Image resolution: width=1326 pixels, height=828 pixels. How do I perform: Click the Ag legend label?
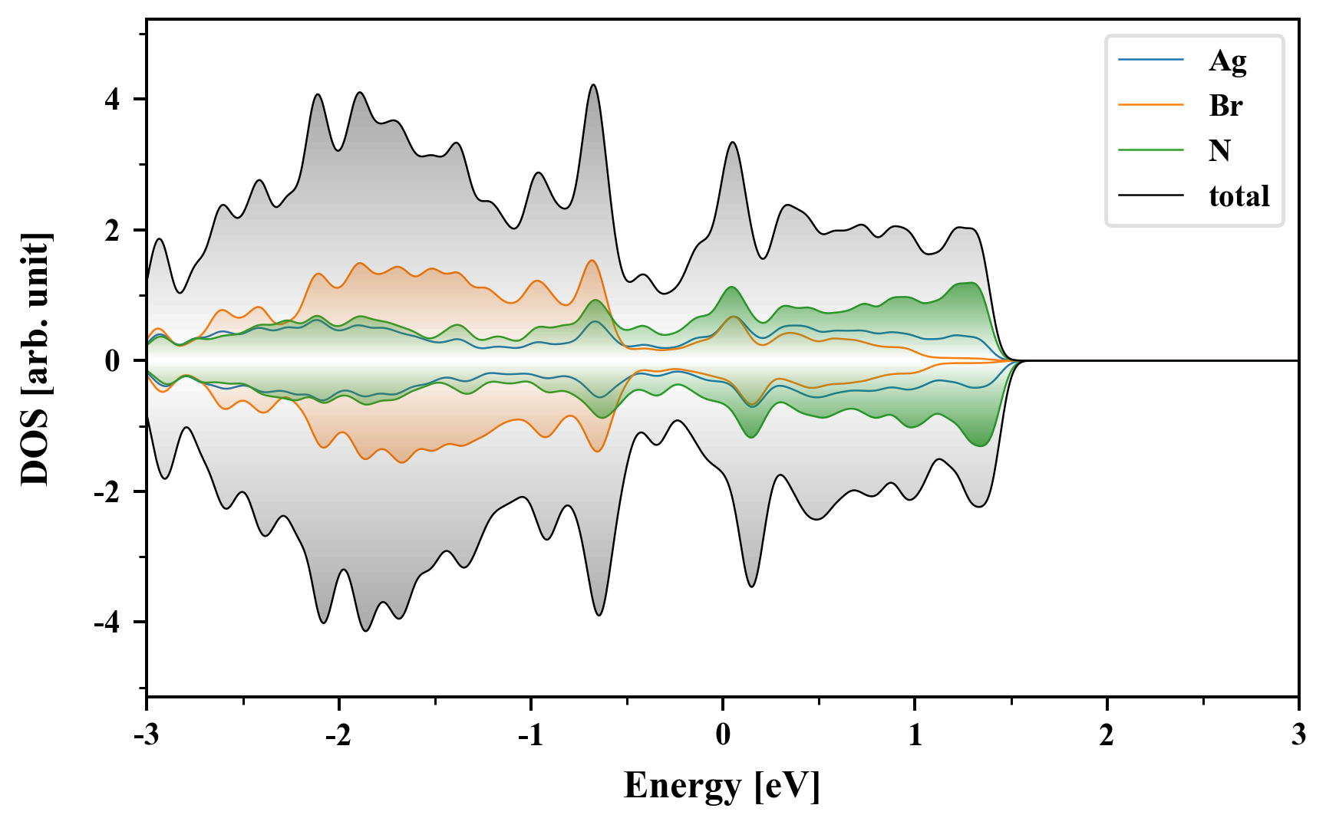coord(1227,61)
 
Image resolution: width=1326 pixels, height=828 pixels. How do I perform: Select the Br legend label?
coord(1225,106)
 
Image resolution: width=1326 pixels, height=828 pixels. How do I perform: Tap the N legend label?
coord(1219,150)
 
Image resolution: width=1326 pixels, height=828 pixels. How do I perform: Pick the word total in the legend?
coord(1239,196)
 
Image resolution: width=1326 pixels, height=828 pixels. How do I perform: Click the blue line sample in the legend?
coord(1150,60)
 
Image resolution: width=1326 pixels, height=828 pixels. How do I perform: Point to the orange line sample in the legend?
coord(1150,105)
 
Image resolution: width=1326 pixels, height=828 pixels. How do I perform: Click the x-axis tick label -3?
coord(146,735)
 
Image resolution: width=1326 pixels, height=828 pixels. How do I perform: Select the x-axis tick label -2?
coord(338,735)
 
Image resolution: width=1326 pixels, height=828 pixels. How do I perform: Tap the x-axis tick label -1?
coord(530,735)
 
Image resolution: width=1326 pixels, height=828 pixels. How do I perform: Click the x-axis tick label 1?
coord(915,735)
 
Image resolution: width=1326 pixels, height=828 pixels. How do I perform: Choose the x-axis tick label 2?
coord(1107,735)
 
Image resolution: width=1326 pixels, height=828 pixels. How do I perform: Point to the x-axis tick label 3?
coord(1298,735)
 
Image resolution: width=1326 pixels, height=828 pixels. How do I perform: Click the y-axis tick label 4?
coord(113,100)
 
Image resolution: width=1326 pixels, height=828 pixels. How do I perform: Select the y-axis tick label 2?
coord(113,230)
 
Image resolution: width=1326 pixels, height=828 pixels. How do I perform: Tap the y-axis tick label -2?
coord(107,491)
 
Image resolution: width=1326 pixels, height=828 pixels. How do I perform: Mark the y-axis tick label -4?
coord(107,623)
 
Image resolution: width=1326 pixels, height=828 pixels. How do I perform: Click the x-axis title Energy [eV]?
coord(722,786)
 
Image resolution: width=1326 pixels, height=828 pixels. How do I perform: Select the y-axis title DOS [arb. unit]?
coord(35,359)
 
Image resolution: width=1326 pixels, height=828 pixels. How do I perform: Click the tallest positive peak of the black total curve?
coord(592,85)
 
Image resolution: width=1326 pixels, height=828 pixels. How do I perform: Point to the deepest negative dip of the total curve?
coord(365,630)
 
